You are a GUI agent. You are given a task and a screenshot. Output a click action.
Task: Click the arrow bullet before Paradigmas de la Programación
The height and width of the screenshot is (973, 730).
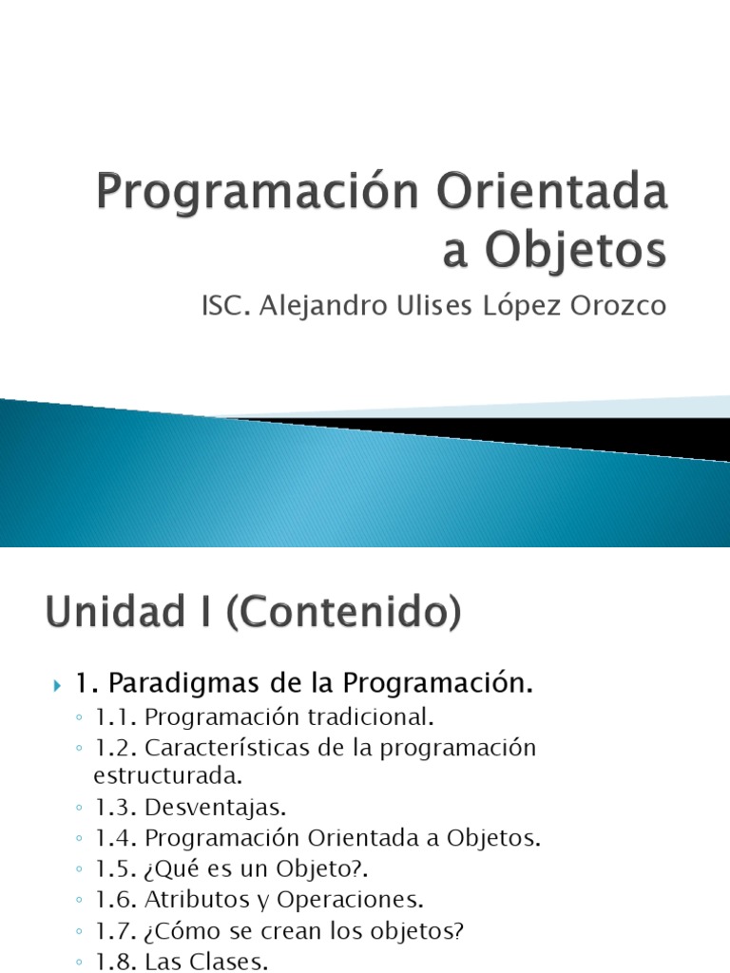(x=58, y=684)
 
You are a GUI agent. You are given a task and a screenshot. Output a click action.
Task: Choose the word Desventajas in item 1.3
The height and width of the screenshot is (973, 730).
(x=216, y=808)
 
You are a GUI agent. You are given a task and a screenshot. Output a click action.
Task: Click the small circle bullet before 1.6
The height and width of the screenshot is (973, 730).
(x=78, y=900)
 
